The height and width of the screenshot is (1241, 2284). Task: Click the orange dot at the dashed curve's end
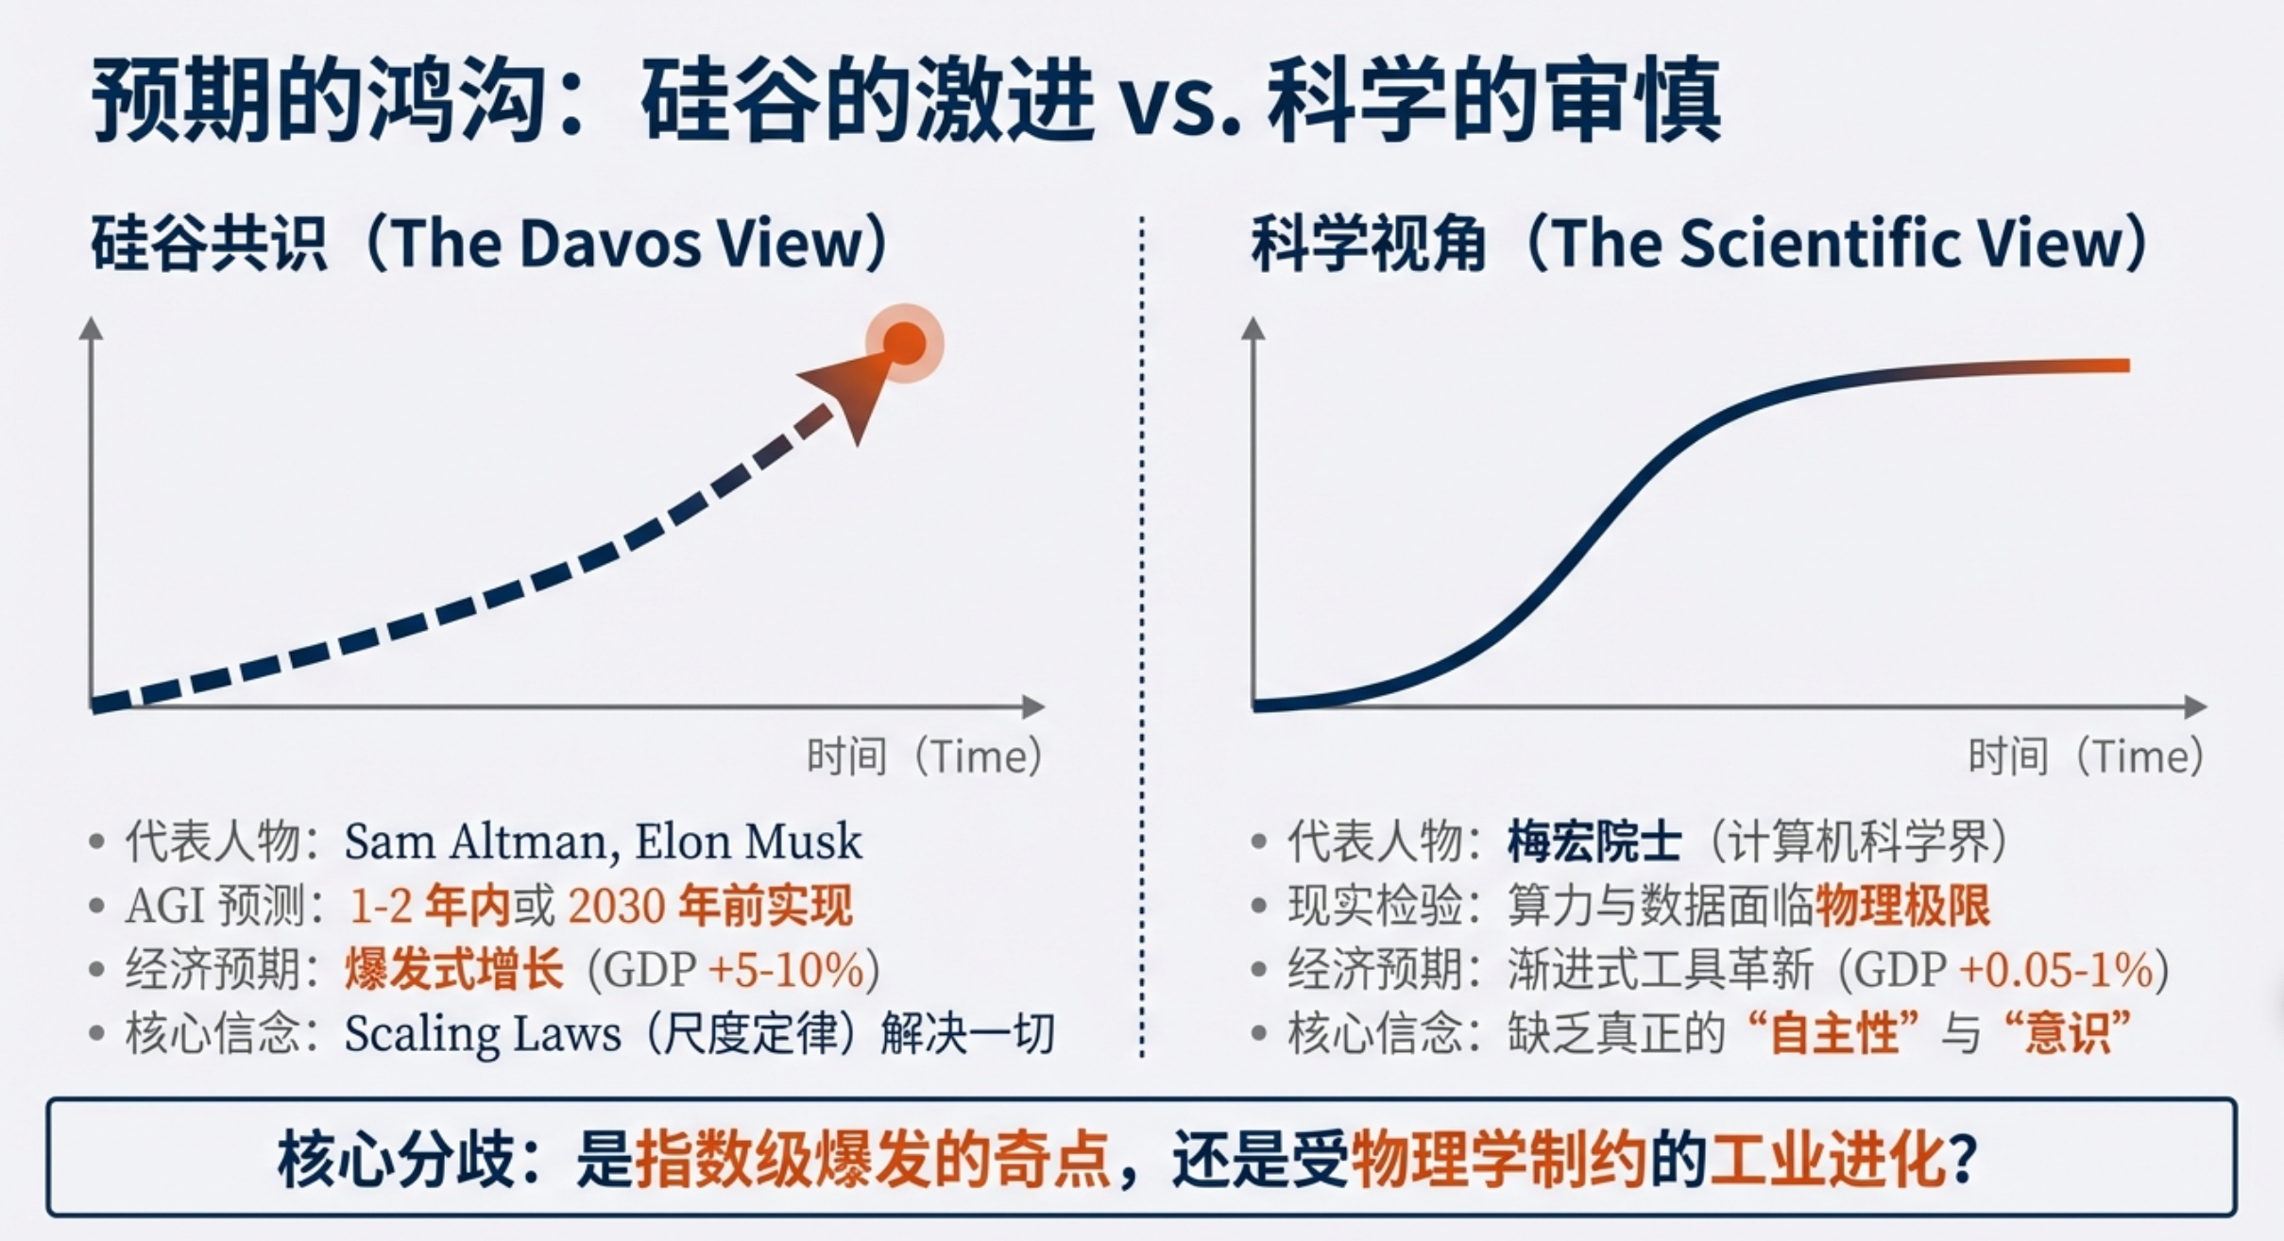point(905,343)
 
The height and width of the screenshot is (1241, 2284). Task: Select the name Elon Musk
point(748,841)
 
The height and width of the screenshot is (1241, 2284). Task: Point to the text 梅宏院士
point(1594,841)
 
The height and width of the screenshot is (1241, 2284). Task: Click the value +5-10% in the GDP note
point(786,970)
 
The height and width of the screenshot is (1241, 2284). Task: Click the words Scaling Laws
point(482,1034)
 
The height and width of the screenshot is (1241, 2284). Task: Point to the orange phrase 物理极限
point(1902,906)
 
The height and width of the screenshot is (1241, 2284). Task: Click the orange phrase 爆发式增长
point(454,970)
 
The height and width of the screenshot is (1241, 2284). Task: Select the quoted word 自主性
point(1834,1034)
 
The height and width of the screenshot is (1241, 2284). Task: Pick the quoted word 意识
point(2068,1034)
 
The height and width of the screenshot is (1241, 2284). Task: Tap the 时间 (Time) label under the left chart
point(924,756)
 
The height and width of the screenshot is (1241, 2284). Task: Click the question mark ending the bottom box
point(1962,1159)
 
